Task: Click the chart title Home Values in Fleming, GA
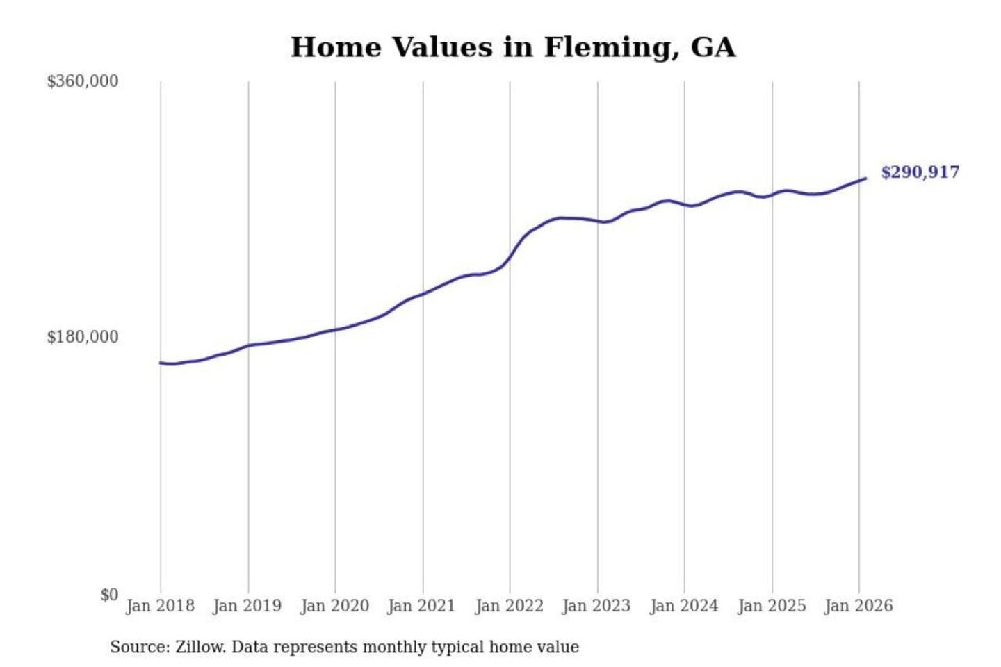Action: tap(512, 47)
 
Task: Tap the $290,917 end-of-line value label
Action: tap(920, 172)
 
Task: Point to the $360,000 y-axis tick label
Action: tap(83, 81)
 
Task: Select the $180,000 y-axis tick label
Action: tap(83, 337)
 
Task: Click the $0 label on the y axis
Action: tap(109, 595)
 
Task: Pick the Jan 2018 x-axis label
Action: tap(160, 606)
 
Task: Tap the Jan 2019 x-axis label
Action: tap(247, 606)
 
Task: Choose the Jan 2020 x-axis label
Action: tap(334, 606)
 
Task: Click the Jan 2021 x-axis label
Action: tap(421, 606)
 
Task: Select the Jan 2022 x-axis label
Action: tap(509, 606)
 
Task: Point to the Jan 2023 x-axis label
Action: tap(596, 606)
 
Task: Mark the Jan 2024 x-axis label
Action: tap(683, 606)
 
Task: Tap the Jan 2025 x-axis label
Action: tap(771, 606)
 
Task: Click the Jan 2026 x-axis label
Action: tap(858, 606)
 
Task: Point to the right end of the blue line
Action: tap(865, 179)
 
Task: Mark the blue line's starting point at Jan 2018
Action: tap(161, 363)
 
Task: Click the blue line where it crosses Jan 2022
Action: tap(510, 258)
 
